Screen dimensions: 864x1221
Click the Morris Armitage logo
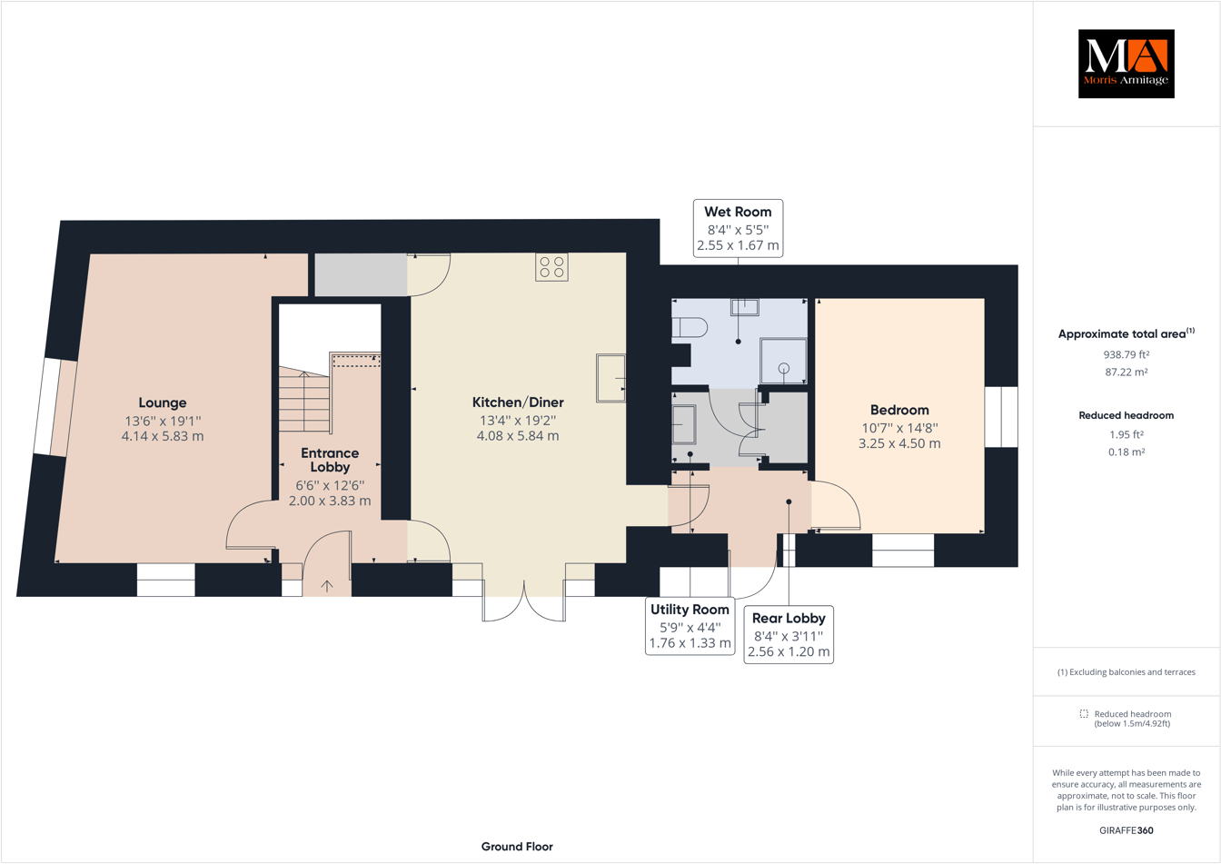tap(1126, 64)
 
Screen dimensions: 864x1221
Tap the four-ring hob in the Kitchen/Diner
tap(551, 267)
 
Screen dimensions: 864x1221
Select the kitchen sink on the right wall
tap(610, 378)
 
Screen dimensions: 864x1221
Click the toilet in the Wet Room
tap(690, 327)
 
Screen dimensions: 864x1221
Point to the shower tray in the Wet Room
tap(783, 361)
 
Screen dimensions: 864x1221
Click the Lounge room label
tap(163, 402)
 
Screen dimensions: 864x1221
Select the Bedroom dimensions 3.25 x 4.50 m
tap(899, 443)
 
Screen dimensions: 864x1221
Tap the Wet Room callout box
tap(738, 228)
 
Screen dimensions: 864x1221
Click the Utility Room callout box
tap(690, 626)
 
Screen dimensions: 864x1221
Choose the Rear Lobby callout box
tap(788, 634)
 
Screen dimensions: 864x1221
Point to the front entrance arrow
tap(326, 586)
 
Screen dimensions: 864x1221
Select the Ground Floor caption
tap(517, 846)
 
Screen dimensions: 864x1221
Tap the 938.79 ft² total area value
tap(1126, 354)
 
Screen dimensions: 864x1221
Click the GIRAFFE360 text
tap(1126, 829)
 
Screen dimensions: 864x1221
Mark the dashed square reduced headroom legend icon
tap(1084, 714)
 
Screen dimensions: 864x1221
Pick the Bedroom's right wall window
tap(1001, 417)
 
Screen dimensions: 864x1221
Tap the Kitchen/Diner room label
tap(518, 402)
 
